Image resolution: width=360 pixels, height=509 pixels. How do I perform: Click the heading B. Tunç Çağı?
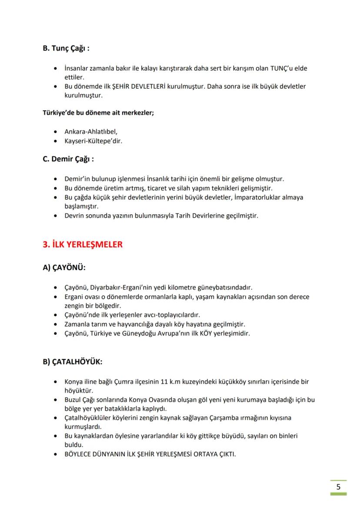tap(66, 48)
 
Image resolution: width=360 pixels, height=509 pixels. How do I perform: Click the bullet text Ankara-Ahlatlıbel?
tap(91, 131)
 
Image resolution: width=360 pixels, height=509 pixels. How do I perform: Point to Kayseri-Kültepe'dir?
tap(93, 140)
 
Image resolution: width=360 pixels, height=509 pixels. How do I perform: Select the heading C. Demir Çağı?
tap(68, 159)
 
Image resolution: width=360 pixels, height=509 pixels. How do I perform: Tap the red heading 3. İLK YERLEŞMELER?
tap(83, 245)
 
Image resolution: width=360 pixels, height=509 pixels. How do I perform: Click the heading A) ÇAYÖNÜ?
tap(64, 268)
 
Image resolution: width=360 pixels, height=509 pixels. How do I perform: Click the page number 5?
tap(338, 486)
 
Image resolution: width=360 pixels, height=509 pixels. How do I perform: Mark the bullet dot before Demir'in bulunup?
tap(55, 179)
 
